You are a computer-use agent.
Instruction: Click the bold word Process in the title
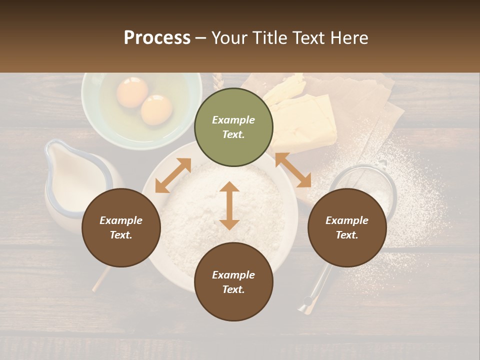[x=157, y=38]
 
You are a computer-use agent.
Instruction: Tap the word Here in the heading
[x=348, y=38]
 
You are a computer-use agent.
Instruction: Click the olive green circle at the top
[x=233, y=127]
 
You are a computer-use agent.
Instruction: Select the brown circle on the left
[x=121, y=227]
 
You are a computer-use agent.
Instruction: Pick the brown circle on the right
[x=347, y=227]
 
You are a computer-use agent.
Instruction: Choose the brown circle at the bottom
[x=233, y=282]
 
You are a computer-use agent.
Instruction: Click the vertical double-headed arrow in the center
[x=229, y=205]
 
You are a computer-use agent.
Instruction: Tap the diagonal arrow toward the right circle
[x=293, y=170]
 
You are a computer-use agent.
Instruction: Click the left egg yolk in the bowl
[x=132, y=92]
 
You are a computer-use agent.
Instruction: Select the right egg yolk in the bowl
[x=156, y=109]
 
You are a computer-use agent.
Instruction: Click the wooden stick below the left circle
[x=100, y=279]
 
